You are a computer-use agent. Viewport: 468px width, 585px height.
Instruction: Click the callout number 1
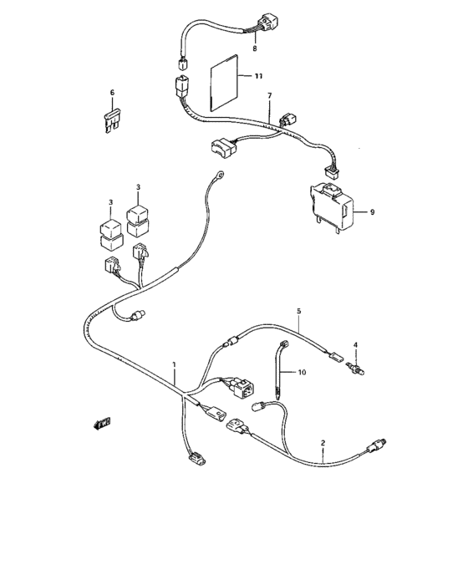tap(175, 365)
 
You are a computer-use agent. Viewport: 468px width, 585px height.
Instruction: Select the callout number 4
tap(354, 345)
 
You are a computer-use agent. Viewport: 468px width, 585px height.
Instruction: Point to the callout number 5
tap(298, 311)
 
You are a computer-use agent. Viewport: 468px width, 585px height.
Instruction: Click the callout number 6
tap(112, 92)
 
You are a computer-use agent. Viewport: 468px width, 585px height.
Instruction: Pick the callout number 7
tap(269, 95)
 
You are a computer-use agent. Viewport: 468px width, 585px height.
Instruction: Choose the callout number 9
tap(372, 212)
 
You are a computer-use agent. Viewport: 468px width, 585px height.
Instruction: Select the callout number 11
tap(258, 76)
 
